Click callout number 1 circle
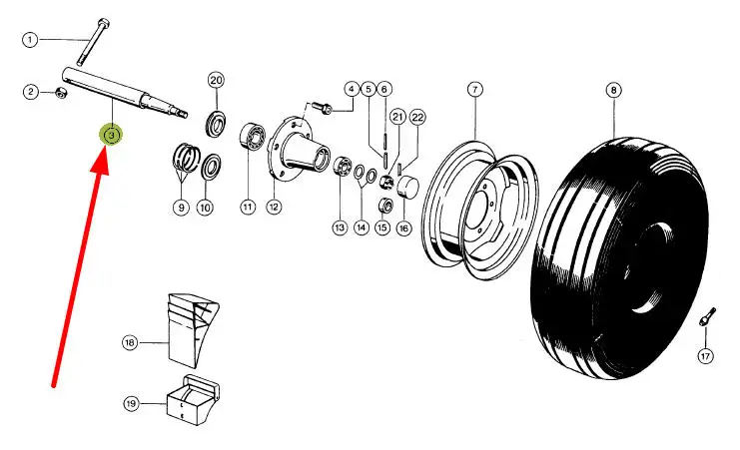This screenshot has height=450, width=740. pos(30,40)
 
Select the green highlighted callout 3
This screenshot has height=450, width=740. pos(112,134)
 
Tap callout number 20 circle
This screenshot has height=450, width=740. pos(217,80)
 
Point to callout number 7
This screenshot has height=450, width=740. pos(474,90)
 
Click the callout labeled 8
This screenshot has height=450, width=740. pos(611,90)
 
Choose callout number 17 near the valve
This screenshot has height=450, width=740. pos(705,356)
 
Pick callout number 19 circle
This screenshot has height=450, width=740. pos(130,404)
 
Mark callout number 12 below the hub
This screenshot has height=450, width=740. pos(273,208)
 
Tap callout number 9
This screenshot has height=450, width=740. pos(181,208)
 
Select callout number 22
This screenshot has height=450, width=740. pos(417,117)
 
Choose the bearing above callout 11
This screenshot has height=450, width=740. pos(250,137)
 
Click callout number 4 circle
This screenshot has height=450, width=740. pos(351,89)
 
